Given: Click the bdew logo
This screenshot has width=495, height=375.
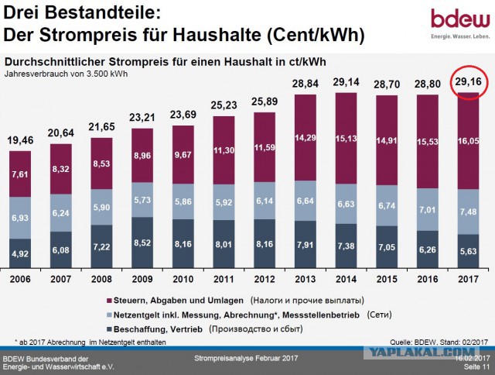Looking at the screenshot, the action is (x=460, y=23).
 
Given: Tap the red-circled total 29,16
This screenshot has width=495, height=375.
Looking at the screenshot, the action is (x=469, y=82).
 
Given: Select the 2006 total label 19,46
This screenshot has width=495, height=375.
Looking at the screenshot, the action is (x=20, y=140).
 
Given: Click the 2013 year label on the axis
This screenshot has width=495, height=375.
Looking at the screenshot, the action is (x=306, y=279).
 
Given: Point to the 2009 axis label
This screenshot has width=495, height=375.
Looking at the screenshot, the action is (x=142, y=279).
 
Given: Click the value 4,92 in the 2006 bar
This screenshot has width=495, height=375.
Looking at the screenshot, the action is (x=20, y=254).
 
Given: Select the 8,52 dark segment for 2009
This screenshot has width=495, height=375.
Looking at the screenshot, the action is (x=142, y=243).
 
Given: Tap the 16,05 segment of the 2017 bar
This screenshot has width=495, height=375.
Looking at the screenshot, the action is (x=469, y=141).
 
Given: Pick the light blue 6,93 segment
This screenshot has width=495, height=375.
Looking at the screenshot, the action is (x=20, y=218).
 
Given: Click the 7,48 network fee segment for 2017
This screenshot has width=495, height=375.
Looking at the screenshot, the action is (x=469, y=212).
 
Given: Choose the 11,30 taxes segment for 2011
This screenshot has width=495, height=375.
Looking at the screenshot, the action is (x=224, y=150).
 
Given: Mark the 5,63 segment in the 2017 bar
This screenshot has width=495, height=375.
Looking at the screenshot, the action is (x=469, y=251).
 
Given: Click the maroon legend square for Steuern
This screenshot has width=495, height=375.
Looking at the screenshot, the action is (x=109, y=301).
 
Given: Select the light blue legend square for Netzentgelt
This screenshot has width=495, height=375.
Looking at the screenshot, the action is (x=109, y=315).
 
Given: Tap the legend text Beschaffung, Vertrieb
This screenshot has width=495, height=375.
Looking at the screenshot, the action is (x=158, y=329).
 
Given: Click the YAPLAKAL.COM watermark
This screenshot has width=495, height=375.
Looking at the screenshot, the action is (x=422, y=352).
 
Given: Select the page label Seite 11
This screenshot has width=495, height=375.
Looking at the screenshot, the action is (x=476, y=366).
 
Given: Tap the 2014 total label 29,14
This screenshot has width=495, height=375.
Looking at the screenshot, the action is (x=346, y=82).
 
